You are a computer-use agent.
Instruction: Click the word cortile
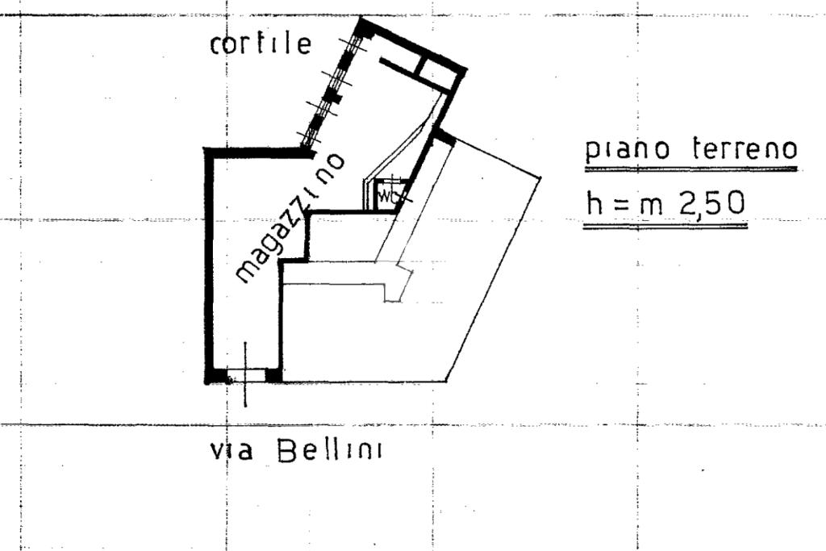(261, 44)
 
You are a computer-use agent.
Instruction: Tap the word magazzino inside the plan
(290, 219)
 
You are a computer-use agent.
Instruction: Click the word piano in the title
(628, 150)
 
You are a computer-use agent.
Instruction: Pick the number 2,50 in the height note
(711, 202)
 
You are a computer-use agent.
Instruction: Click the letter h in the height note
(594, 202)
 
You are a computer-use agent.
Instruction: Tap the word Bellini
(330, 451)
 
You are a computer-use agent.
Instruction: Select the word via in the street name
(232, 452)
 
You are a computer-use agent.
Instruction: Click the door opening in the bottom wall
(246, 375)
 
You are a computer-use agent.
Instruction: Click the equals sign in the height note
(621, 204)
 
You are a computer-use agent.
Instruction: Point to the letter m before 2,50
(651, 207)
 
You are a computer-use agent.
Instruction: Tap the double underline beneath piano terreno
(690, 169)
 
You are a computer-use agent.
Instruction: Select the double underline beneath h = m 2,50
(665, 226)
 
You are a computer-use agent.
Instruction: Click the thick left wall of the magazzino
(209, 266)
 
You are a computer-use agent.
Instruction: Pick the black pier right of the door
(273, 375)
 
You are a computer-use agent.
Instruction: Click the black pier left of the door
(217, 376)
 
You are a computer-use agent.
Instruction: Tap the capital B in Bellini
(288, 451)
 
